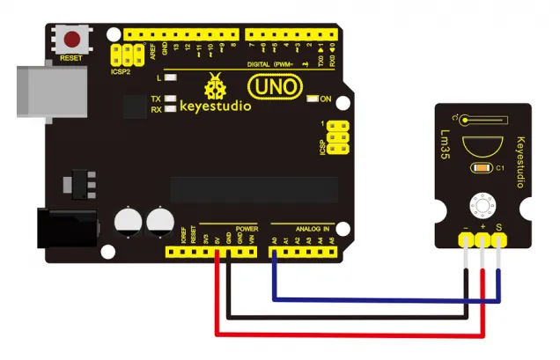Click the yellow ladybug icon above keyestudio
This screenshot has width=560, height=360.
[x=214, y=87]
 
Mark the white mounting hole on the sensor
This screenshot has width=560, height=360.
[x=483, y=205]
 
